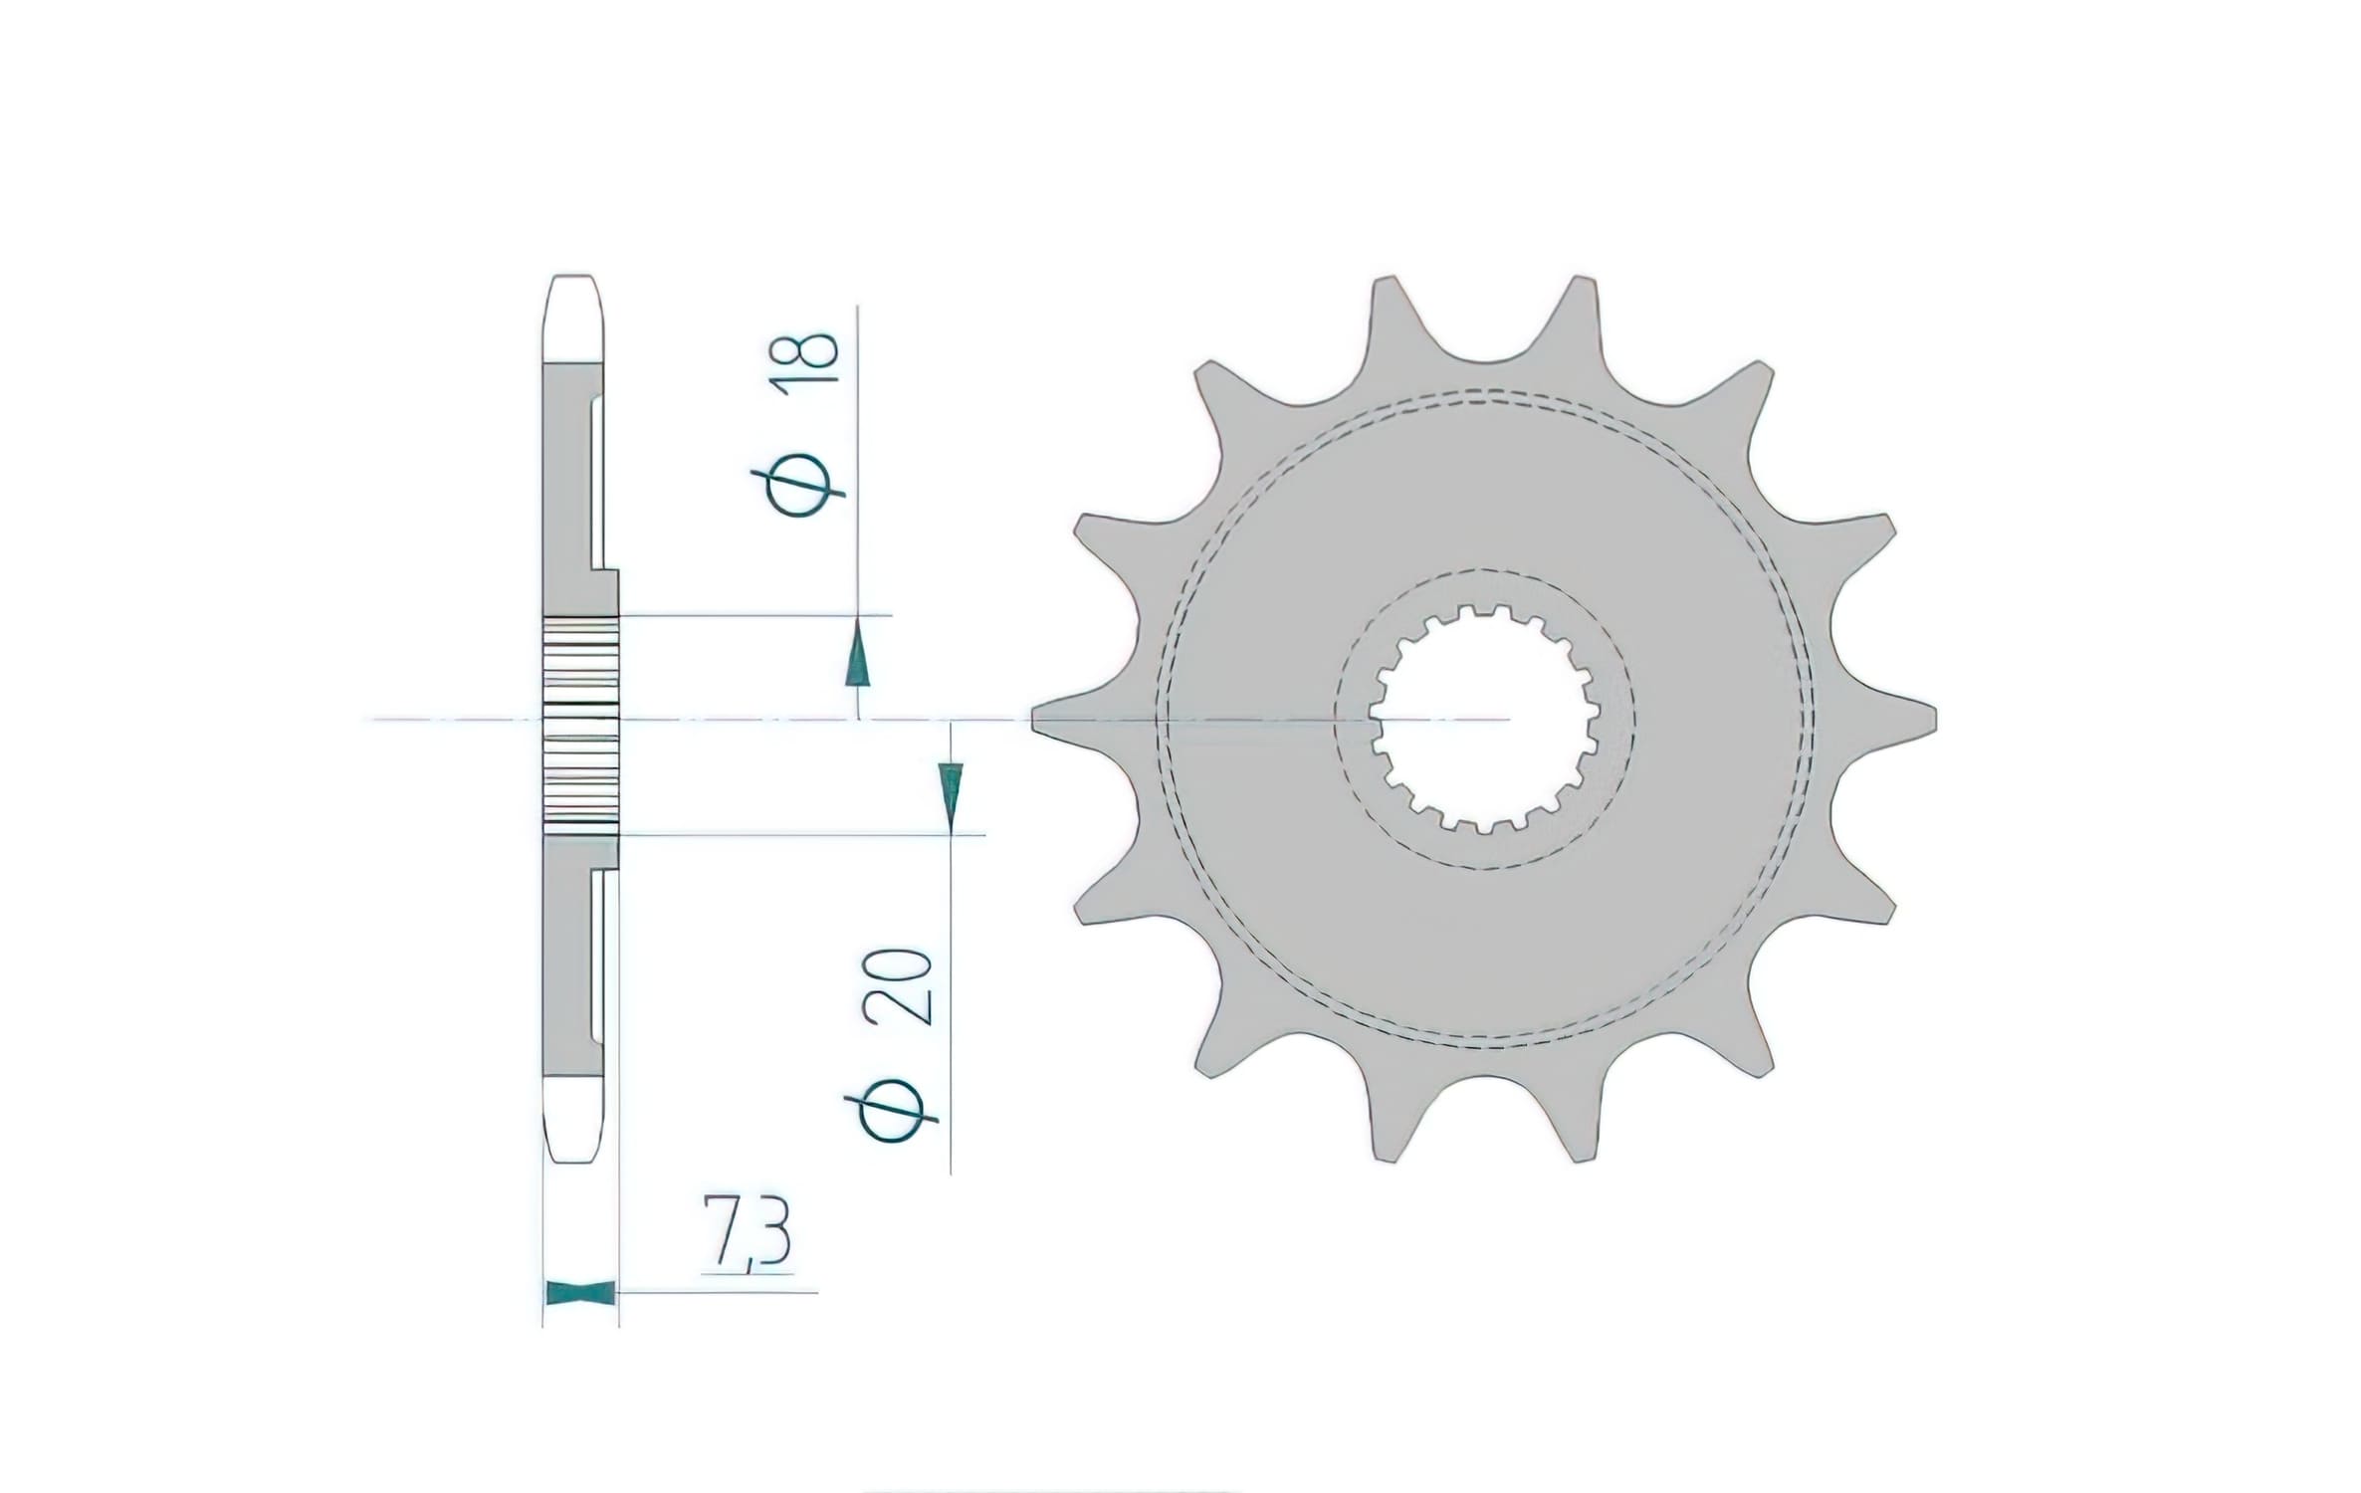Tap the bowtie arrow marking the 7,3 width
579,1293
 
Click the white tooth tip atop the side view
576,319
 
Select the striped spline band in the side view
580,724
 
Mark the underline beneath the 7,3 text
747,1273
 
